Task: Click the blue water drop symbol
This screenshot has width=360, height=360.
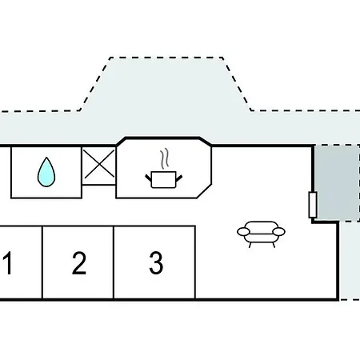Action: (x=46, y=172)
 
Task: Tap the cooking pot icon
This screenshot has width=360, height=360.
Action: (x=163, y=180)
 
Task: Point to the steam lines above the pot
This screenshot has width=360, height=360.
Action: (x=165, y=158)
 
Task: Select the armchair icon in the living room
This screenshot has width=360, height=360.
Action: (x=261, y=234)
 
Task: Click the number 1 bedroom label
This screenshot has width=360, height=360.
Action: (x=8, y=262)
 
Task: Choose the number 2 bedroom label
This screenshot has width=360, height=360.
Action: (x=79, y=263)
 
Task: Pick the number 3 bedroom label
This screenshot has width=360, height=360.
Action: (x=156, y=263)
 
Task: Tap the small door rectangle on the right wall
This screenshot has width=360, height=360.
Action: (x=313, y=205)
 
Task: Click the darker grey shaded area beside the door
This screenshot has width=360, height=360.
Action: (x=337, y=183)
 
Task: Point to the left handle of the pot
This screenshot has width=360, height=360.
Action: (x=148, y=178)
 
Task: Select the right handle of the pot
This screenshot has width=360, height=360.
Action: (x=179, y=178)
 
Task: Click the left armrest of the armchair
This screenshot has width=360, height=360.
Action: (x=243, y=231)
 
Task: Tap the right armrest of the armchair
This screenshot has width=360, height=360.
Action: (x=279, y=231)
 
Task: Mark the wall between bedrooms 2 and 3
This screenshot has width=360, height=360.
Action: (x=114, y=262)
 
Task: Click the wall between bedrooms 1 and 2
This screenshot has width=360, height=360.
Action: (x=42, y=262)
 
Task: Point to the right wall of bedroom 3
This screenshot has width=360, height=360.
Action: (x=195, y=262)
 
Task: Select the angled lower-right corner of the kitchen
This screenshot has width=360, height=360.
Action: (x=204, y=191)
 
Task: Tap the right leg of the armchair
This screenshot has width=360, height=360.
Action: (x=274, y=245)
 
